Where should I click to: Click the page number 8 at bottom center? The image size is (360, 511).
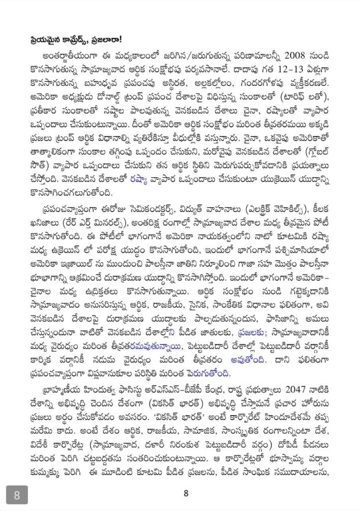point(185,494)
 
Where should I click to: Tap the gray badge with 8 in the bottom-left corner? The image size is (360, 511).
point(17,496)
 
